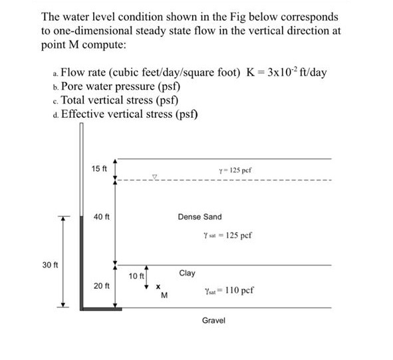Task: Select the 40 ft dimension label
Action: (102, 217)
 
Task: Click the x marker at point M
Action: (158, 288)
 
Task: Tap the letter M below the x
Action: (164, 297)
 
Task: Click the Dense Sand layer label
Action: (199, 217)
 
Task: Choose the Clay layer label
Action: (187, 273)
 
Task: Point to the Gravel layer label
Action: (213, 321)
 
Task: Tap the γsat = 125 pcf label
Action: (227, 236)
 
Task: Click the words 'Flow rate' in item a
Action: (83, 73)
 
